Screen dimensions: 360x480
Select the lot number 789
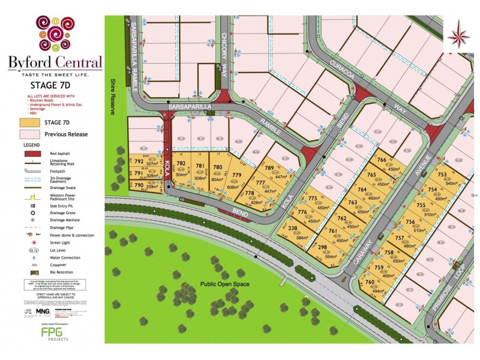(269, 168)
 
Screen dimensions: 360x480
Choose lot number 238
(293, 228)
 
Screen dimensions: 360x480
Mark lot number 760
(370, 282)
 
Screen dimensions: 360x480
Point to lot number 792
(139, 161)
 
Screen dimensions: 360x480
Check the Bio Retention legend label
(53, 272)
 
